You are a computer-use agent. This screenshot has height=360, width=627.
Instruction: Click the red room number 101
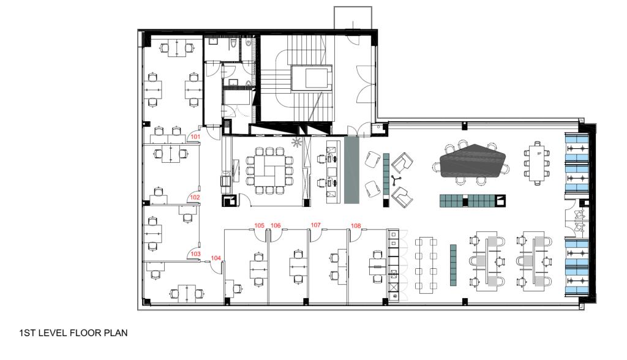[x=195, y=137]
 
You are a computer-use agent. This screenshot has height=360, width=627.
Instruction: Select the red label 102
[x=195, y=197]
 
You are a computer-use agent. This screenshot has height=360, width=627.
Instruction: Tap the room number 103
[x=195, y=253]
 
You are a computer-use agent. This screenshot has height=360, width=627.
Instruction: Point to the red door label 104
[x=216, y=258]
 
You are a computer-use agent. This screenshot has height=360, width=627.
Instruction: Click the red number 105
[x=260, y=226]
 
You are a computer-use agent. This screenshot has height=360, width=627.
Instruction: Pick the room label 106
[x=276, y=226]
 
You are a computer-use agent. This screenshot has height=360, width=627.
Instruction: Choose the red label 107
[x=316, y=225]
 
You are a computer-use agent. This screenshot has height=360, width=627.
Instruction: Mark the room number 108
[x=356, y=226]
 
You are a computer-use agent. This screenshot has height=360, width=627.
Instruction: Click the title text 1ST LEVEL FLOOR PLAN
[x=73, y=334]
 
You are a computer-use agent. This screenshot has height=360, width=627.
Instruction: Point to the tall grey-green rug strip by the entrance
[x=351, y=170]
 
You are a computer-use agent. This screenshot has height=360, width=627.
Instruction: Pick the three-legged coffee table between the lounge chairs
[x=396, y=179]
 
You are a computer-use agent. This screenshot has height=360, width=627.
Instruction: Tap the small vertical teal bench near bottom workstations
[x=453, y=264]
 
